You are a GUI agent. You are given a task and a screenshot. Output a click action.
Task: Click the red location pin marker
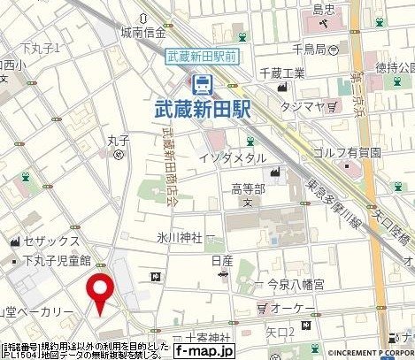coord(102,292)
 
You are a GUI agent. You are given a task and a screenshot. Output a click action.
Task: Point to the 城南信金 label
coord(145,34)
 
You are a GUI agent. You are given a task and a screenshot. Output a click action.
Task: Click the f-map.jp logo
coord(202,350)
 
